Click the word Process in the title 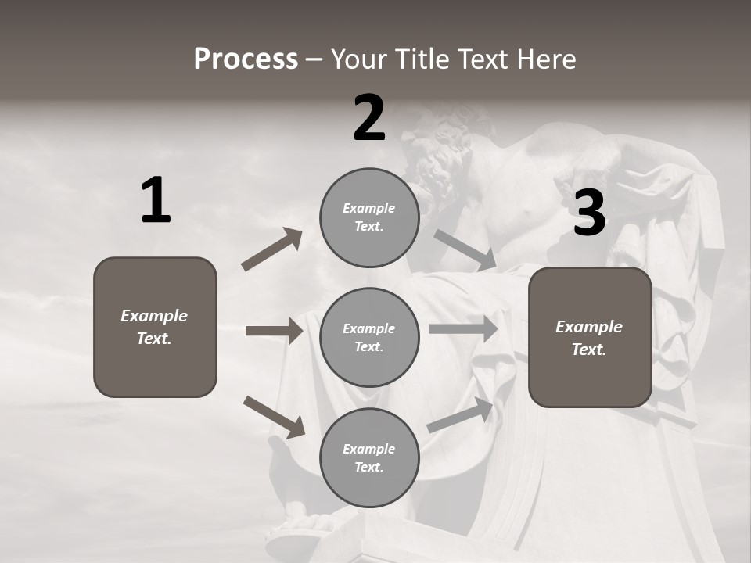pyautogui.click(x=246, y=59)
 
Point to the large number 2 pyautogui.click(x=369, y=118)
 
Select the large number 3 pyautogui.click(x=589, y=213)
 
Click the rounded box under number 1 pyautogui.click(x=155, y=327)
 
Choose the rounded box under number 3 pyautogui.click(x=590, y=337)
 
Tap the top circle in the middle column pyautogui.click(x=369, y=217)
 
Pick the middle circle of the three pyautogui.click(x=369, y=337)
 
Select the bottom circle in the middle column pyautogui.click(x=369, y=457)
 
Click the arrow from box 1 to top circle pyautogui.click(x=271, y=250)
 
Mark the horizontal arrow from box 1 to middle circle pyautogui.click(x=274, y=331)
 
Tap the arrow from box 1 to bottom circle pyautogui.click(x=274, y=417)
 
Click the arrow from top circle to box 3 pyautogui.click(x=465, y=250)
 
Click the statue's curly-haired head pyautogui.click(x=442, y=149)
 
